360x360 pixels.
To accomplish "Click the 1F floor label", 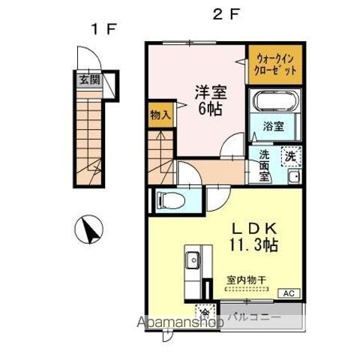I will click(103, 29).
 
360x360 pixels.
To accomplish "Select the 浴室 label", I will click(274, 127).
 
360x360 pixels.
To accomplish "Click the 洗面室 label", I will click(264, 166).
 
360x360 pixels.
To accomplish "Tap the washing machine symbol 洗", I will click(289, 156).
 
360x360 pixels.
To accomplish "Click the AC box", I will click(290, 293).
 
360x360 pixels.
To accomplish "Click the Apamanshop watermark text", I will click(179, 322).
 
